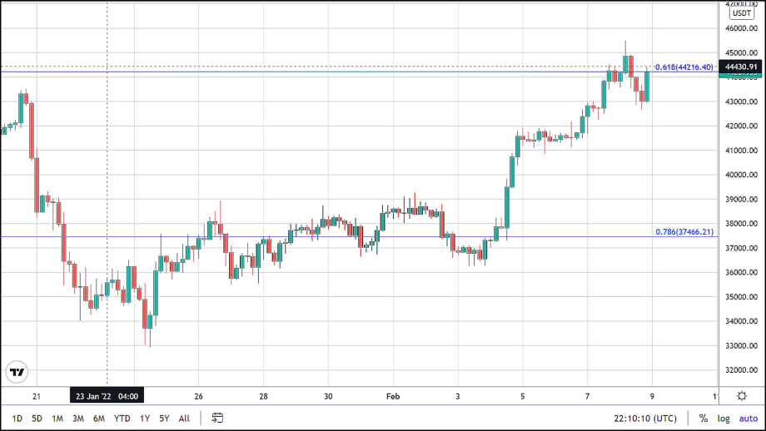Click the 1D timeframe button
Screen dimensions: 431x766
[x=17, y=419]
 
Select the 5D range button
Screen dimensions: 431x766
[x=37, y=419]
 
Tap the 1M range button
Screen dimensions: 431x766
[x=57, y=419]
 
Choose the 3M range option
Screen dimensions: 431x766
[x=78, y=419]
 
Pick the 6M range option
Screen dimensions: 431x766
[x=99, y=419]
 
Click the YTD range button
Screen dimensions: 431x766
[x=122, y=419]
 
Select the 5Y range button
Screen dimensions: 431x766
[x=165, y=419]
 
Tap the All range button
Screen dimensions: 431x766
[x=184, y=419]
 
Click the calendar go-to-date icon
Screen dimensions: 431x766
[x=217, y=418]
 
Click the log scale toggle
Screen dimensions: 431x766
[x=724, y=419]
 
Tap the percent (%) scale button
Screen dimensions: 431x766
[x=704, y=419]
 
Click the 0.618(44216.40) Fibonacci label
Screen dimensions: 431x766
[x=684, y=67]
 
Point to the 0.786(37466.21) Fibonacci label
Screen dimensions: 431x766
[x=684, y=232]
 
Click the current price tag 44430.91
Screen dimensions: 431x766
[x=741, y=67]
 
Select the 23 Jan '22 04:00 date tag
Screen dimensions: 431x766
[x=107, y=396]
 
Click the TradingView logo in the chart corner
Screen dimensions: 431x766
[x=16, y=372]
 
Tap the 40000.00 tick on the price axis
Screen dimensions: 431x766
[x=739, y=176]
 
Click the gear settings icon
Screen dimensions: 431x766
[x=742, y=396]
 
